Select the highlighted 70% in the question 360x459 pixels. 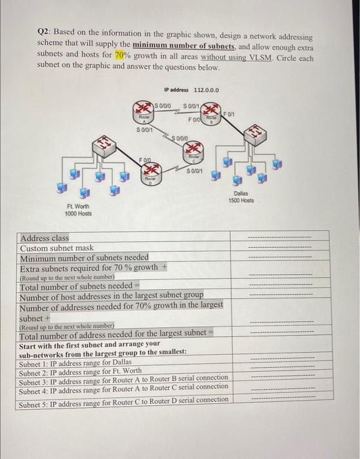123,56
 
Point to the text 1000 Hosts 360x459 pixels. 78,214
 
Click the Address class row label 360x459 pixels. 45,239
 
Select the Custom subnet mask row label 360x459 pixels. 57,249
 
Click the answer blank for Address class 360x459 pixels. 280,239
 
